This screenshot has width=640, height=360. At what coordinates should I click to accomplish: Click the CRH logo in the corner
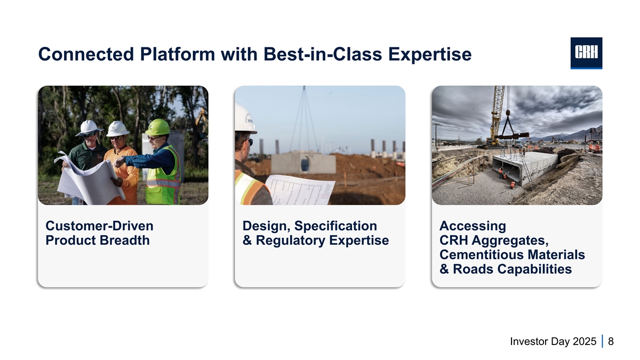coord(586,53)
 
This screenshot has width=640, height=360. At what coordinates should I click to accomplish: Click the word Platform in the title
coord(177,54)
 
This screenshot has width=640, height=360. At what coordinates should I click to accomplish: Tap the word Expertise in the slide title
coord(430,54)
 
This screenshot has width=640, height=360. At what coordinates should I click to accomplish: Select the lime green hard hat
coord(157,127)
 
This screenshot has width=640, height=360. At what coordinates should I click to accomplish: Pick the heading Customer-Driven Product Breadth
coord(99,233)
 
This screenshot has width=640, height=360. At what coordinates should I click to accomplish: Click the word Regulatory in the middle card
coord(290,241)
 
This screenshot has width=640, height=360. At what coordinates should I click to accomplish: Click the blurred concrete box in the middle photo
coord(303,163)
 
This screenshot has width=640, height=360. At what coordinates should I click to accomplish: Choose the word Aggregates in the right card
coord(510,241)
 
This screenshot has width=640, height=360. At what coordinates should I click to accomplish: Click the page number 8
coord(611,341)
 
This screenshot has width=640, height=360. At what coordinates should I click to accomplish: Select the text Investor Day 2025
coord(553,341)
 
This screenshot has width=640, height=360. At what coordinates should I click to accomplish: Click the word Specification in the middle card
coord(335,226)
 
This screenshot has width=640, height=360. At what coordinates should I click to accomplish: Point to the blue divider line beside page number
coord(602,341)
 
